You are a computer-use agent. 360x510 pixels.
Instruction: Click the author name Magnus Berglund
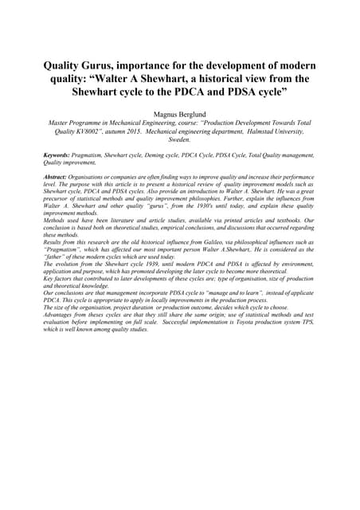tap(179, 114)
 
